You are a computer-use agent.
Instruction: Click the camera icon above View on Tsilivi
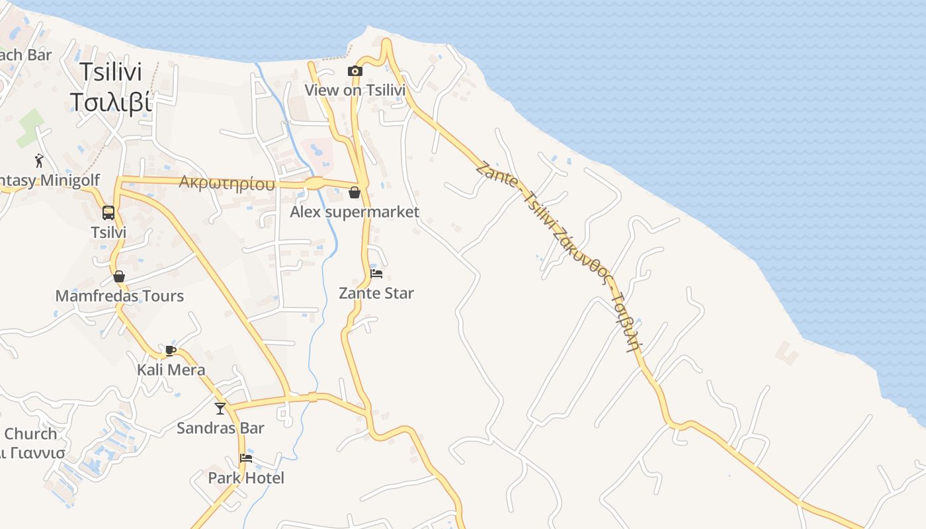(x=355, y=71)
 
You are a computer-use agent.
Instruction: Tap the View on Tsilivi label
(x=355, y=89)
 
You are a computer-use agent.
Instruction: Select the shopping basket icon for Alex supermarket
(x=355, y=192)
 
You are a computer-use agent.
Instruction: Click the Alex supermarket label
(x=355, y=212)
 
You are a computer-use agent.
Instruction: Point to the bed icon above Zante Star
(x=376, y=273)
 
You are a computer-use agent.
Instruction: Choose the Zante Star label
(x=376, y=293)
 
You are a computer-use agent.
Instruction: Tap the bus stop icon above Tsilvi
(x=108, y=213)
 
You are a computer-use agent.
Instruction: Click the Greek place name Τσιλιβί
(x=111, y=102)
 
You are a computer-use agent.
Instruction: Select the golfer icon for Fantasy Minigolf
(x=39, y=160)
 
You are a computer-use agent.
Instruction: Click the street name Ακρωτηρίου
(x=227, y=183)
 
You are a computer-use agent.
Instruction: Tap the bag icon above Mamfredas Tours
(x=119, y=276)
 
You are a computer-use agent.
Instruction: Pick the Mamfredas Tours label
(x=119, y=296)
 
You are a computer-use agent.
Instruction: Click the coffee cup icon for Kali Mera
(x=170, y=350)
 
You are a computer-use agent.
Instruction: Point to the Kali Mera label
(x=171, y=370)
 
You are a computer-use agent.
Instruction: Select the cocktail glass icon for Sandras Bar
(x=220, y=409)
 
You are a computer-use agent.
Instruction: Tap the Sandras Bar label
(x=220, y=428)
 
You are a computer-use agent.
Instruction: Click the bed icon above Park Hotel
(x=246, y=458)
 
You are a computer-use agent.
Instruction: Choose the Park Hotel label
(x=246, y=477)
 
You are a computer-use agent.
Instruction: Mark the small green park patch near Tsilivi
(x=30, y=128)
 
